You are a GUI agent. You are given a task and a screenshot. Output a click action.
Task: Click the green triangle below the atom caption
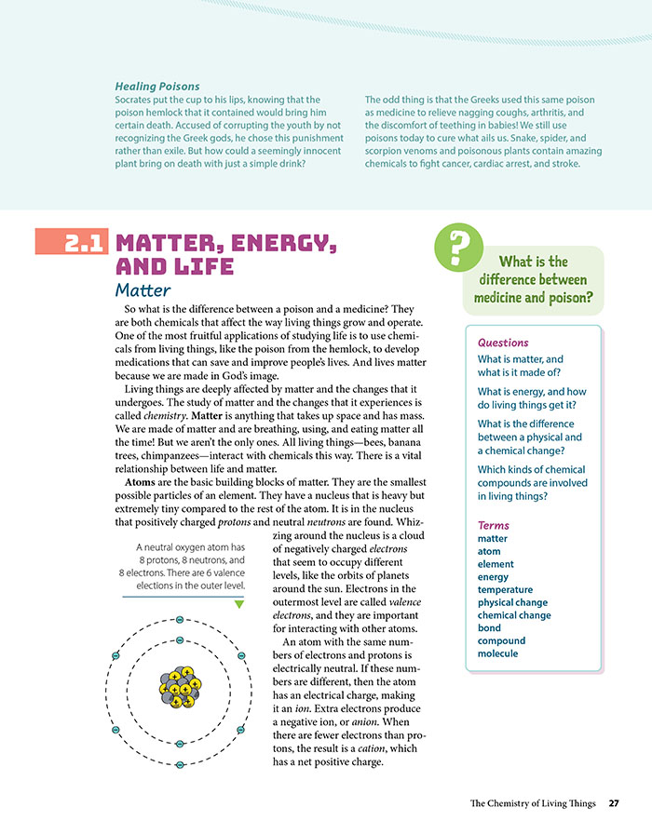tap(239, 605)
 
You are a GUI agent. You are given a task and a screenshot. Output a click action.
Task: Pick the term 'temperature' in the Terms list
tap(505, 589)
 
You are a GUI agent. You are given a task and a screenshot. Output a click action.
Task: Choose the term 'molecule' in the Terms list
tap(497, 653)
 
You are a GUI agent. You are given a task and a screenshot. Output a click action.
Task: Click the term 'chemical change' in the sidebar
tap(514, 615)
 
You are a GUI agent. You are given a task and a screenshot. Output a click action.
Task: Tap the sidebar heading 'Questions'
tap(502, 343)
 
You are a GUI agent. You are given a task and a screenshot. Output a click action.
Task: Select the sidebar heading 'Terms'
tap(493, 525)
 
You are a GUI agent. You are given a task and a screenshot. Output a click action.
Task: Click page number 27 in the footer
tap(614, 803)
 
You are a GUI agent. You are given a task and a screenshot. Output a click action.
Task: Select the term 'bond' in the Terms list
tap(488, 628)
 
